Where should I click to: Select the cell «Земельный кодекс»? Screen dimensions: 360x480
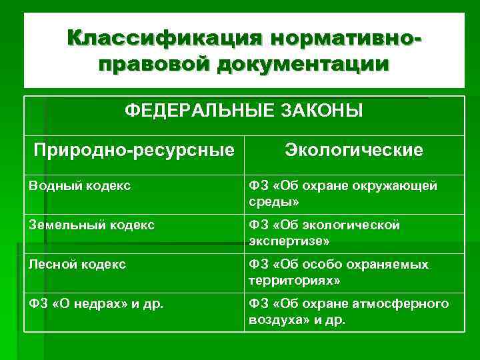(x=91, y=225)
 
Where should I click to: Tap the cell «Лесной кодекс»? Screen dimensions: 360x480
(x=77, y=265)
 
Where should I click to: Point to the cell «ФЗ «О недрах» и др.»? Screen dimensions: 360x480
(x=96, y=304)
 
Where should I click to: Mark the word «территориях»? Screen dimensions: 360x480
(x=291, y=279)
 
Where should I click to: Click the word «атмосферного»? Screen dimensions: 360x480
(x=407, y=304)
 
